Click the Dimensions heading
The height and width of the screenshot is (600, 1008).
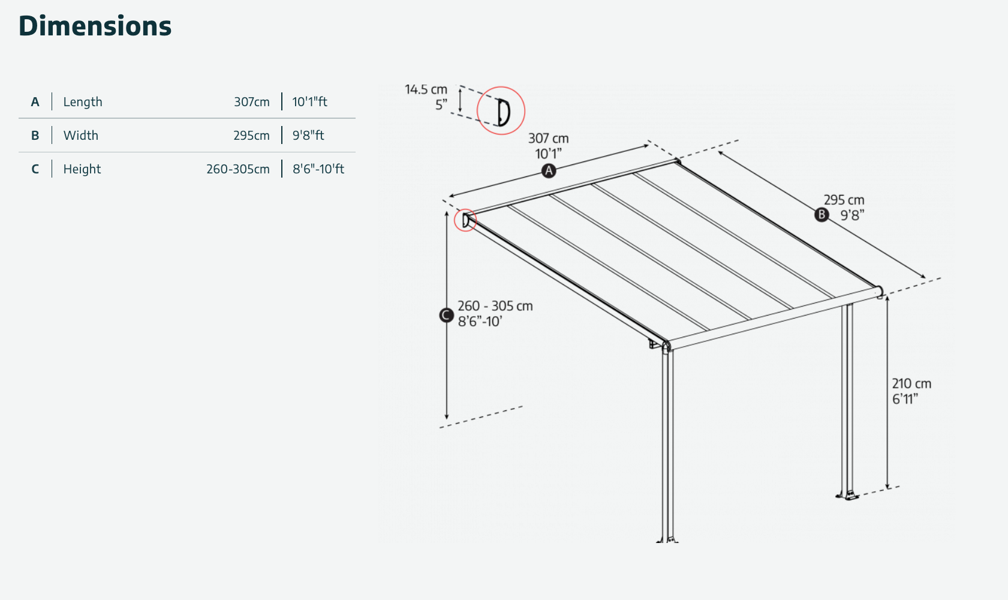(95, 26)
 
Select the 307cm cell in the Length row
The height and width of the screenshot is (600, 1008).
(251, 102)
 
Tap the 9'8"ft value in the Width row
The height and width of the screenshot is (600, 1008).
(308, 135)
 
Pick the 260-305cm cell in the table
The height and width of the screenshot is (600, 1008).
(238, 169)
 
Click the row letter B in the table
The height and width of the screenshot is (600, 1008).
(35, 136)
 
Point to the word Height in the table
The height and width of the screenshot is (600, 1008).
(82, 169)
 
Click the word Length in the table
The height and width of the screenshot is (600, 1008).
(83, 102)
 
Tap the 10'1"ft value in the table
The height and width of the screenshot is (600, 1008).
(309, 102)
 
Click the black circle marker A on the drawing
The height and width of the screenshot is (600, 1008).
(549, 171)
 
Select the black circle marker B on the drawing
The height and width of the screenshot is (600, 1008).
(822, 215)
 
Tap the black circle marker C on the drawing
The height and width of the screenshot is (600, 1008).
(446, 315)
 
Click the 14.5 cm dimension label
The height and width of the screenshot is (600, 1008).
(426, 89)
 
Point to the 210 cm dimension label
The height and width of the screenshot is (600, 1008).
(911, 383)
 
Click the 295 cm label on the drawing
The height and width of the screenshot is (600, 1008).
(844, 200)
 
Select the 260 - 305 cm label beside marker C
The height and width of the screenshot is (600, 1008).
(495, 306)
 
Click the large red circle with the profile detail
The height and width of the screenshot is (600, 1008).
(501, 110)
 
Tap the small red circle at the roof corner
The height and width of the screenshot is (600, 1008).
(465, 220)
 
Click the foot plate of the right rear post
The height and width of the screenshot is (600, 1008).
(847, 496)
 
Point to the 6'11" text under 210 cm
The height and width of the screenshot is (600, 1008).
(905, 399)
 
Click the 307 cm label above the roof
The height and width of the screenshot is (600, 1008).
(548, 138)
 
